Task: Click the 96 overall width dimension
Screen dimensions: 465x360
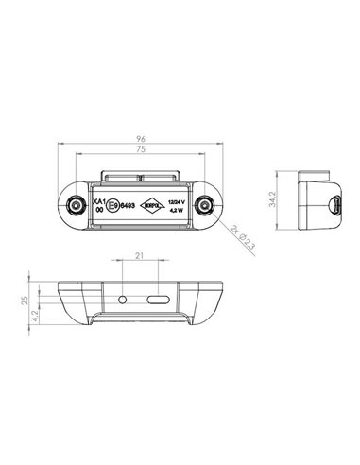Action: (x=139, y=137)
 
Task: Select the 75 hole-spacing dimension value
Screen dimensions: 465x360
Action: (x=139, y=149)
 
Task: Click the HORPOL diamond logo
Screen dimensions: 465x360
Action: (x=152, y=203)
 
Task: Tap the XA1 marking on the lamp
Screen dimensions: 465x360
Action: (x=97, y=198)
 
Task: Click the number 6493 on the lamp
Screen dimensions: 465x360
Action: (x=126, y=203)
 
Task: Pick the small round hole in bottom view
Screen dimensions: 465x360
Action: (x=123, y=298)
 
